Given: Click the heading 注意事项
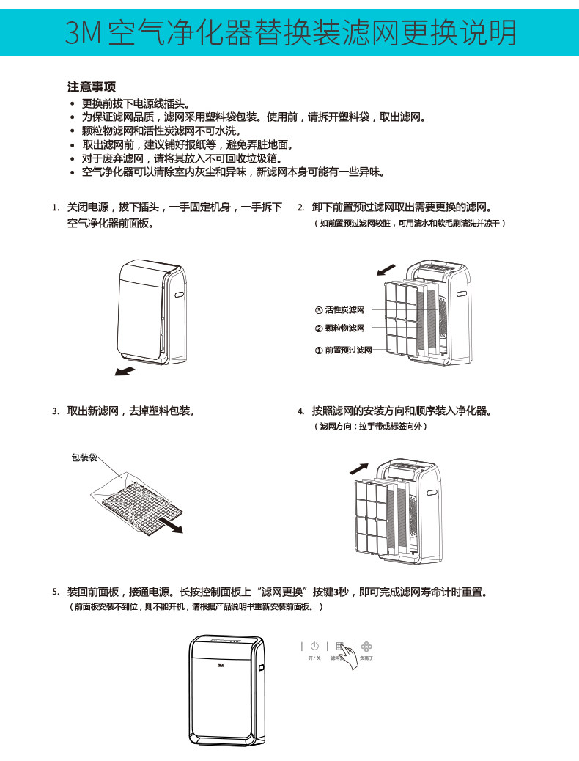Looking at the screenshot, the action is [x=92, y=87].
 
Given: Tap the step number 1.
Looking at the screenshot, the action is [x=56, y=207].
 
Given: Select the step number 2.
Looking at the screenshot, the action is [x=300, y=207].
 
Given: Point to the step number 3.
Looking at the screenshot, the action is [x=56, y=411].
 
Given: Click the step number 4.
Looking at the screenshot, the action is [x=300, y=411].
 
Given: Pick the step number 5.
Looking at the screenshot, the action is [x=56, y=592].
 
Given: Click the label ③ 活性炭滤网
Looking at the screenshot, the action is [x=339, y=310].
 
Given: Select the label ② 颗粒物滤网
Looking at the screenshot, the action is [x=339, y=328].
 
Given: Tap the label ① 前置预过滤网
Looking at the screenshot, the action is [x=343, y=350].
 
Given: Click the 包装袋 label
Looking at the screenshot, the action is [x=84, y=457].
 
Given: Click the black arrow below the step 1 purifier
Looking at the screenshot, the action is [x=125, y=371].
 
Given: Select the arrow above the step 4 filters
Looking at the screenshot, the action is [x=358, y=467].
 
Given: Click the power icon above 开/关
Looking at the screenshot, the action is [x=314, y=646].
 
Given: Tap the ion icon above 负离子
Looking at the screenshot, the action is [x=366, y=647].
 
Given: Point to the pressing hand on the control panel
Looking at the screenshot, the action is [x=349, y=657].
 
